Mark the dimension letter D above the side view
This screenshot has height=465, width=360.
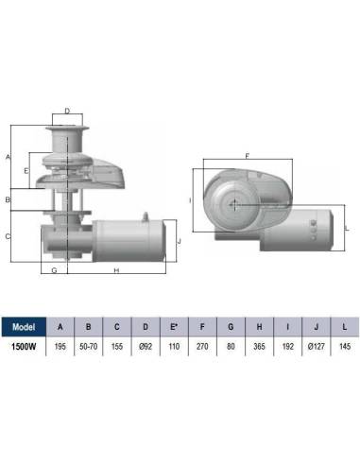67,111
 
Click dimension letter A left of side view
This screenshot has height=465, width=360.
8,156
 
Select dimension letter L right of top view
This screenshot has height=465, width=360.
348,228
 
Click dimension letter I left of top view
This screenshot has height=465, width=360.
190,200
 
